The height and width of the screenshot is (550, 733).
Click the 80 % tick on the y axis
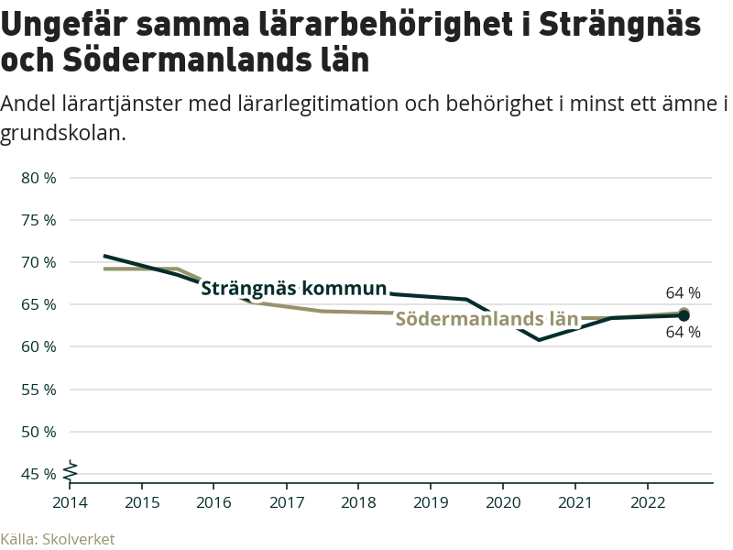tap(38, 178)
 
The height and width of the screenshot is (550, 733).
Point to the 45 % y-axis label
tap(38, 474)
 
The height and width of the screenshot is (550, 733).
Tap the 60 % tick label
tap(38, 346)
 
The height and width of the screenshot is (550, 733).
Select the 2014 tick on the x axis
tap(69, 502)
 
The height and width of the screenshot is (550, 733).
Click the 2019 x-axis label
tap(431, 502)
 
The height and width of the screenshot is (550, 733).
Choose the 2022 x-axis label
tap(648, 502)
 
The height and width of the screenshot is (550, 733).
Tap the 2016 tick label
tap(213, 502)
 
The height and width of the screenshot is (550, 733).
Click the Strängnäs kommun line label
tap(293, 289)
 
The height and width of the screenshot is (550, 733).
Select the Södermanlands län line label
tap(487, 320)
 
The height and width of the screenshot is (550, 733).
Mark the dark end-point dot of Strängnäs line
tap(684, 315)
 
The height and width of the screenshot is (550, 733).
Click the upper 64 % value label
tap(683, 293)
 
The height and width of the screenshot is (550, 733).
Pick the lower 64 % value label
tap(683, 333)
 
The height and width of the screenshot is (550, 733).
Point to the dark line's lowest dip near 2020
tap(539, 340)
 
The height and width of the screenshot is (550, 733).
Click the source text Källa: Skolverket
tap(58, 539)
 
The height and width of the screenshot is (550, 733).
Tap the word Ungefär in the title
tap(67, 25)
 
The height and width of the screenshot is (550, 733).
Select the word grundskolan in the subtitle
tap(61, 133)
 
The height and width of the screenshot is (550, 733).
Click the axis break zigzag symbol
tap(71, 468)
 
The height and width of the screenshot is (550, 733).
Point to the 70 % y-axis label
tap(38, 262)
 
